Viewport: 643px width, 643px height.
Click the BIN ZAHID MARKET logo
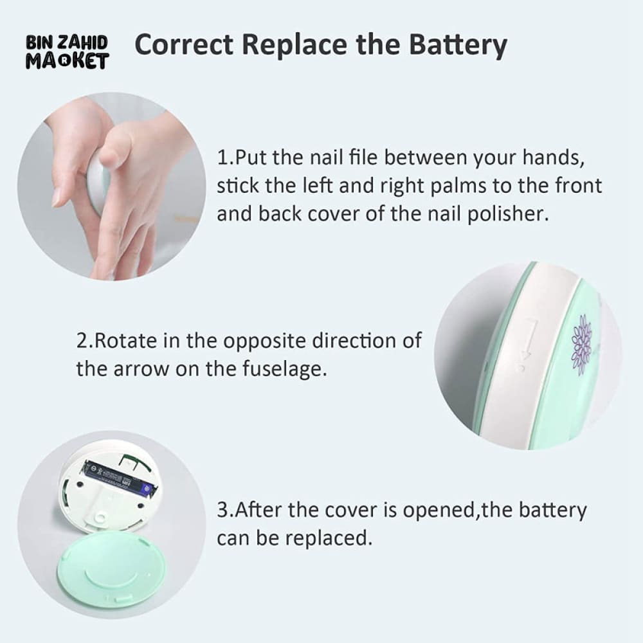[68, 51]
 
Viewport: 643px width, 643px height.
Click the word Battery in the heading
[458, 45]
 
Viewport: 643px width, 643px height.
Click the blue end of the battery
[147, 489]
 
